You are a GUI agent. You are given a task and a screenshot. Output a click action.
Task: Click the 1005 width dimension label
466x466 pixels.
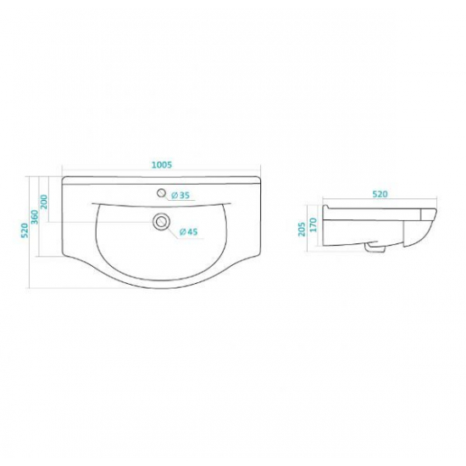[162, 164]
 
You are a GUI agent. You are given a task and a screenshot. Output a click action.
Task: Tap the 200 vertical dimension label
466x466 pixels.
[44, 202]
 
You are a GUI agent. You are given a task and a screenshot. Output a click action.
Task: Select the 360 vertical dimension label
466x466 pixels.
[35, 217]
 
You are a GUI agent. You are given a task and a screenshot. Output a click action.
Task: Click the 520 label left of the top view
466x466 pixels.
[25, 230]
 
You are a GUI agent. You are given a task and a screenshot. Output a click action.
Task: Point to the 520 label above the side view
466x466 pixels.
[380, 194]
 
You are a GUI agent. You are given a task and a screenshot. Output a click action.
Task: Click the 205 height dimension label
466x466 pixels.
[302, 229]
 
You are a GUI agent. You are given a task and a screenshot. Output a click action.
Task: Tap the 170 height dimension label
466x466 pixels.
[313, 225]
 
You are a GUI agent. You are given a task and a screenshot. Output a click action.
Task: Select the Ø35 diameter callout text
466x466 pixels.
[180, 195]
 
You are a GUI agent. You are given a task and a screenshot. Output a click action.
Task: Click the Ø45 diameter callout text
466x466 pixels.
[188, 231]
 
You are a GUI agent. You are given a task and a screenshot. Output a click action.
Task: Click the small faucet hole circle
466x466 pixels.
[161, 193]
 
